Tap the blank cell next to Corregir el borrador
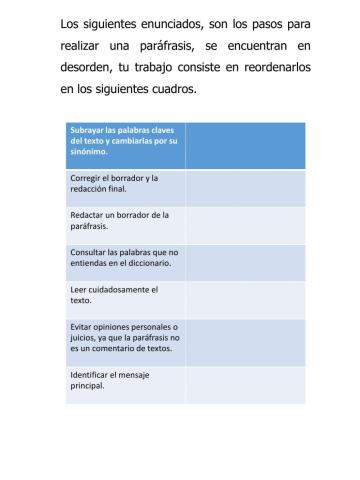tap(245, 183)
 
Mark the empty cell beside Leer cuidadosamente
tap(245, 295)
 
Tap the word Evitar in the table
tap(82, 327)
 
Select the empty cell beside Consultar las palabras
tap(245, 258)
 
